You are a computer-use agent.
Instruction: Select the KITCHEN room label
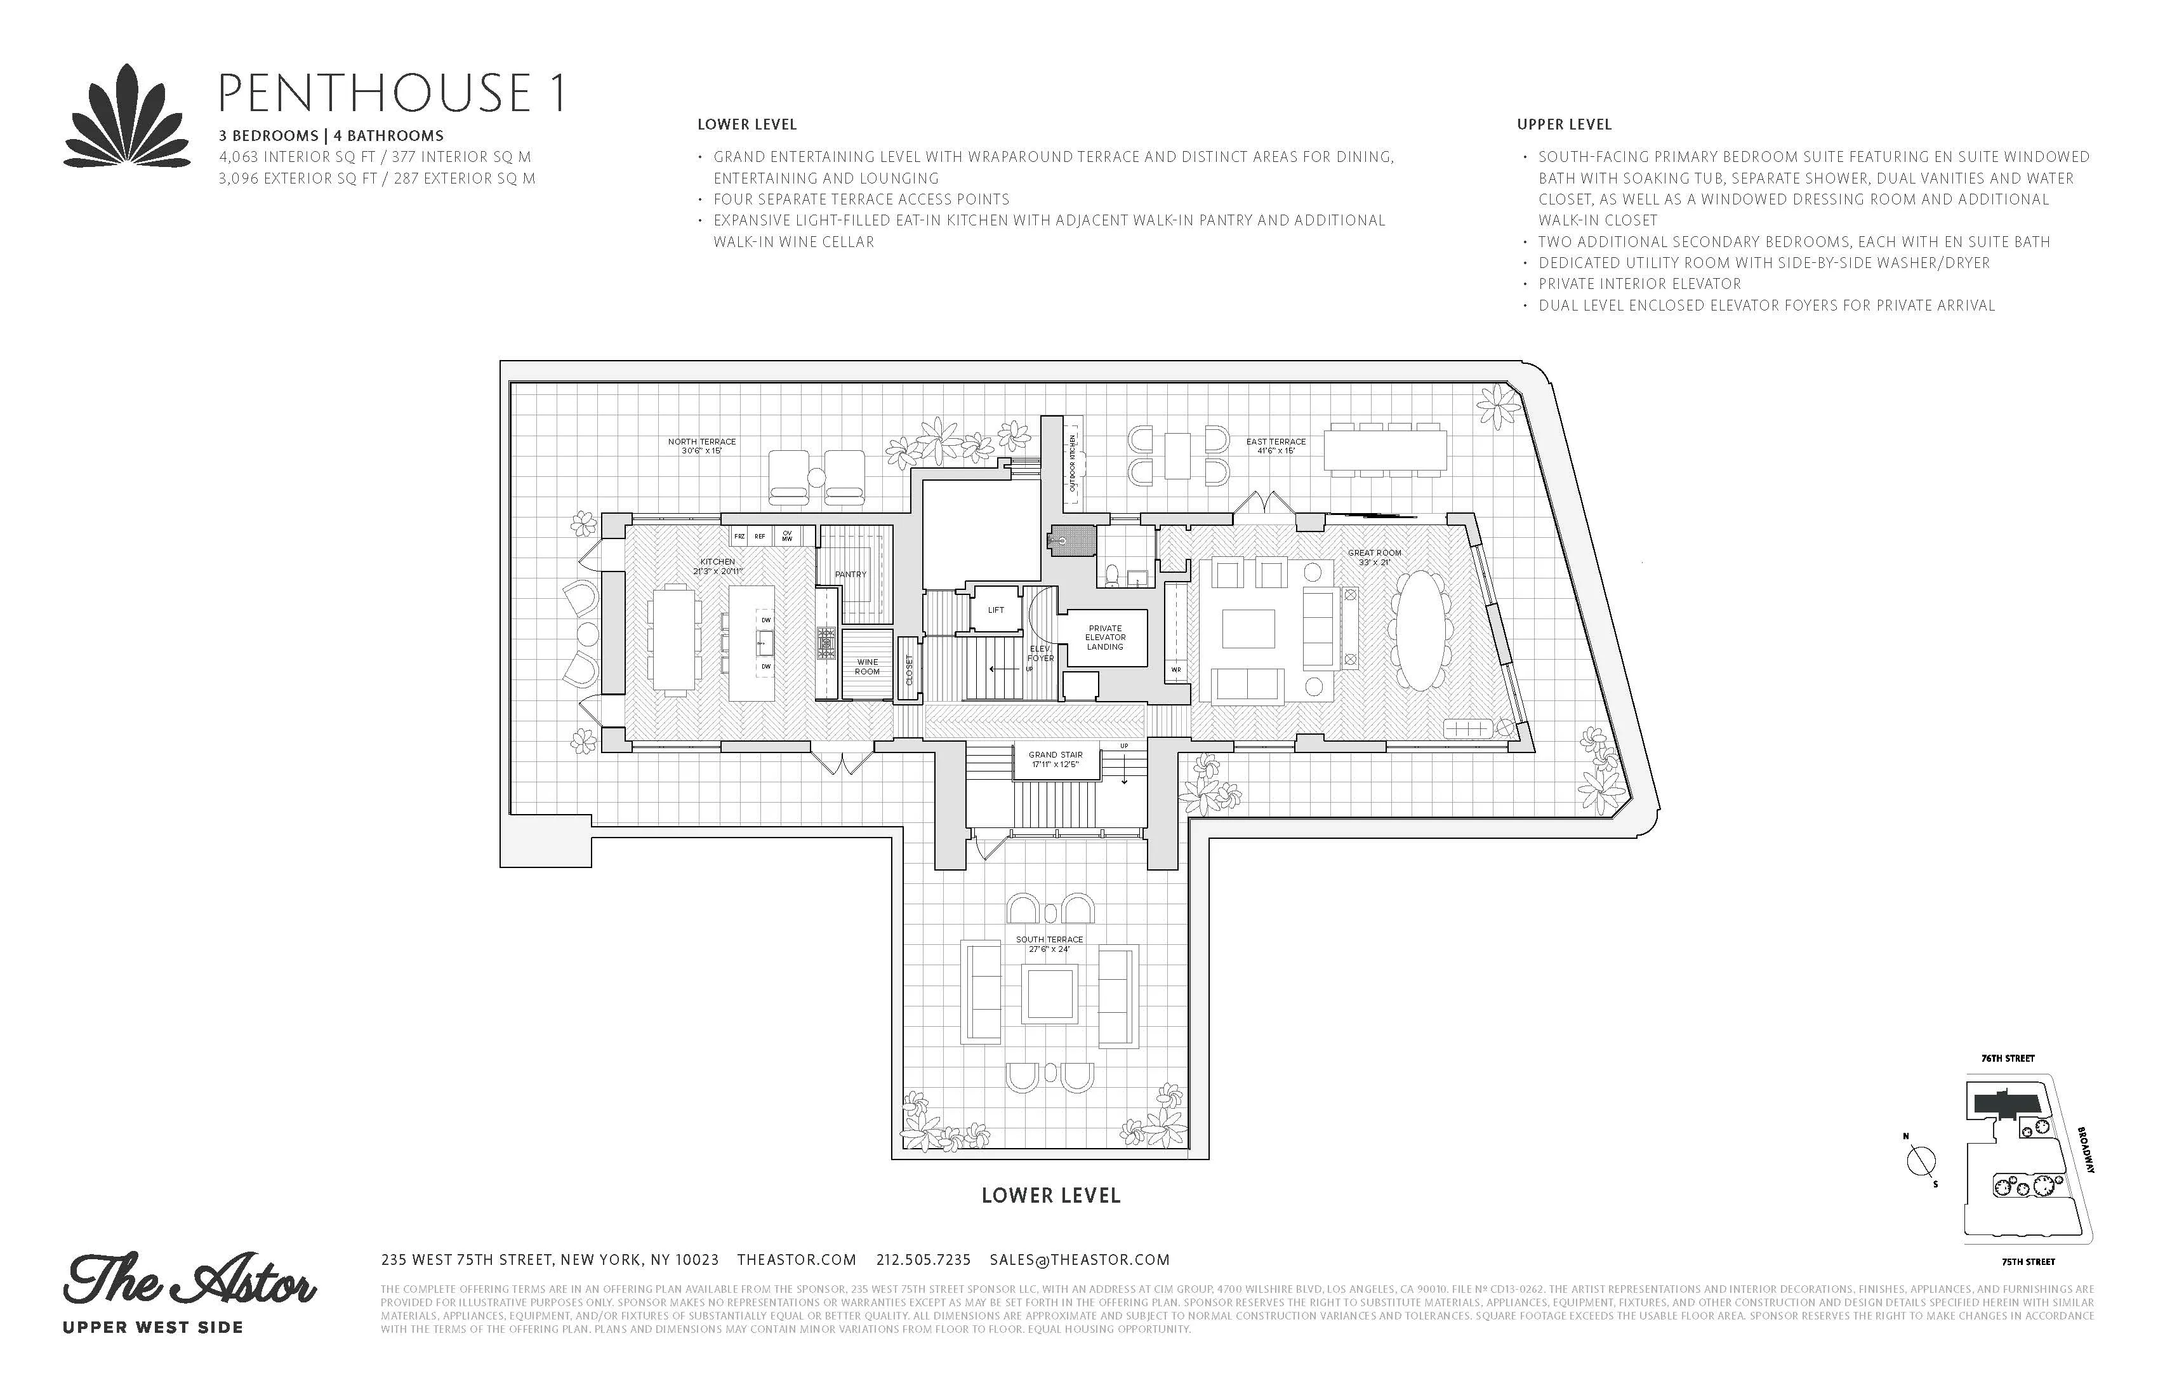tap(717, 566)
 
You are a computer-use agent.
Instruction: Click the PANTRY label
tap(850, 574)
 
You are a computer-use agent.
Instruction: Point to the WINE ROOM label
tap(867, 667)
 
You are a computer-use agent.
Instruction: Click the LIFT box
tap(996, 610)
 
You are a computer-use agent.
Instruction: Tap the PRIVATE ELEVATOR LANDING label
tap(1104, 637)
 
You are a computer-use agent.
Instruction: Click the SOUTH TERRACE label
tap(1049, 944)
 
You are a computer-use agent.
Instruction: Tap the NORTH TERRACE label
tap(702, 445)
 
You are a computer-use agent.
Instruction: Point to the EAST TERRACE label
tap(1275, 445)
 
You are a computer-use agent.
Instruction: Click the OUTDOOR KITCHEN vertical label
tap(1073, 463)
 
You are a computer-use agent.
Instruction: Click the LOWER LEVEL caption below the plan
tap(1051, 1196)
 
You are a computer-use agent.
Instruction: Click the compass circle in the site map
tap(1921, 1160)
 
